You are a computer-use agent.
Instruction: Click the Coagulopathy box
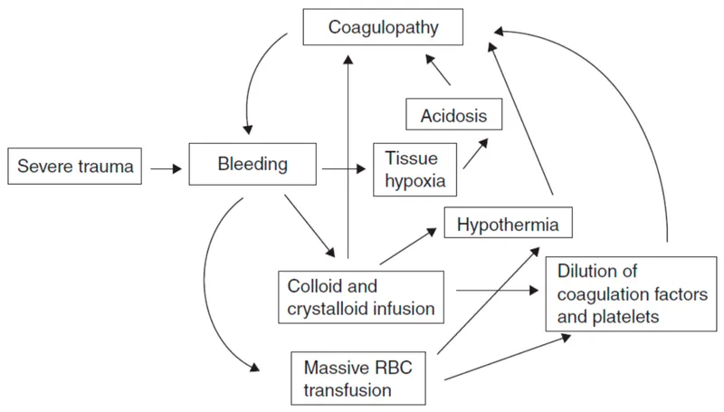point(383,27)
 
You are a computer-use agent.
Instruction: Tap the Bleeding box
point(252,165)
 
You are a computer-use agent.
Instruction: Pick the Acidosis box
point(453,116)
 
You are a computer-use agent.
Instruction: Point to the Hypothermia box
point(510,222)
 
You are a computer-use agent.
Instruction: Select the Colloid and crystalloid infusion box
point(361,297)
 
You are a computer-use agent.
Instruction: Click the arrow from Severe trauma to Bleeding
point(164,168)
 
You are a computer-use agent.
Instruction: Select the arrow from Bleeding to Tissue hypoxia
point(343,168)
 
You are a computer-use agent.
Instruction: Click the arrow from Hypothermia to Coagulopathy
point(525,118)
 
